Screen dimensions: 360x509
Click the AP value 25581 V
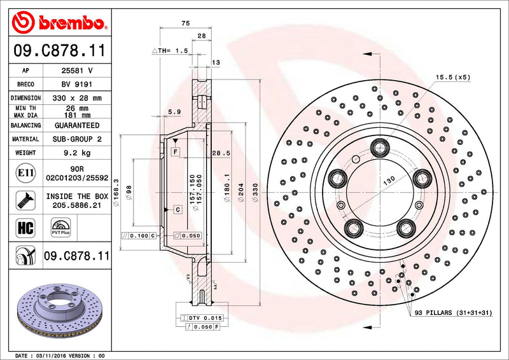click(77, 71)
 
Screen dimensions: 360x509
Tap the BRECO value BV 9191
click(77, 84)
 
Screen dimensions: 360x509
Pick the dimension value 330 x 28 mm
click(77, 98)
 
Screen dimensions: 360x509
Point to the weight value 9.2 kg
click(77, 153)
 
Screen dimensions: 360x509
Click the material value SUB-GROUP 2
click(77, 139)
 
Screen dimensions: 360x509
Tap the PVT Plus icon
click(60, 228)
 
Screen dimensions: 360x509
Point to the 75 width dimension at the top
click(185, 23)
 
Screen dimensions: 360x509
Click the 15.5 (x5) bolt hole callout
click(452, 77)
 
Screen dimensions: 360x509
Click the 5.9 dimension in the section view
click(173, 112)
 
